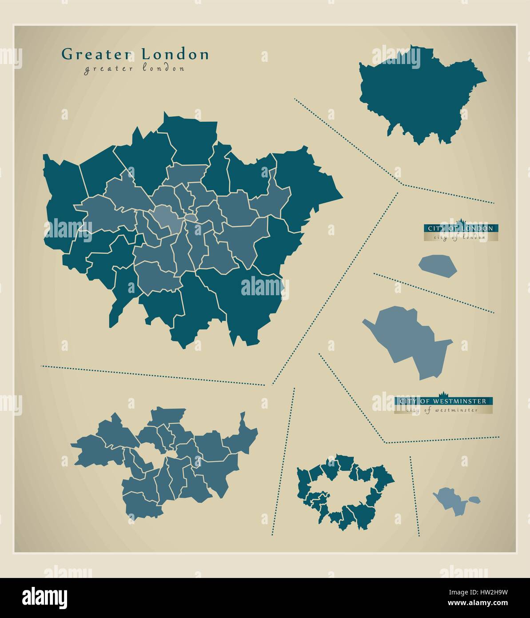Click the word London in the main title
[175, 54]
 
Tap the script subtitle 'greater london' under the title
[134, 68]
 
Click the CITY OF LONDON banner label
[460, 228]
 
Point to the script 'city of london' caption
[460, 237]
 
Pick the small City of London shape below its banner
[437, 266]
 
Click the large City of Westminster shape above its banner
[411, 340]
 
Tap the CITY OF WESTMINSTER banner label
[443, 401]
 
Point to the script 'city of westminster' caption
[443, 410]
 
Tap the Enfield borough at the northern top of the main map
[189, 138]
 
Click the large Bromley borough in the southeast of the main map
[249, 302]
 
